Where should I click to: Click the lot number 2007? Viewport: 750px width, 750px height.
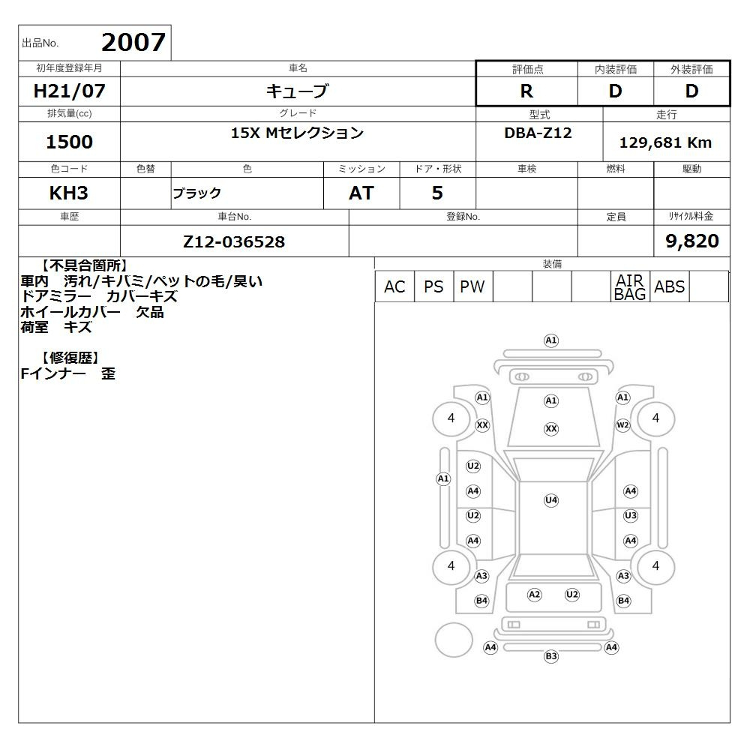pos(133,42)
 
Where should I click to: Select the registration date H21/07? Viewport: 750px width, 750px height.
pos(69,91)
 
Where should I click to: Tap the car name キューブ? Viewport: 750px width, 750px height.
pos(298,91)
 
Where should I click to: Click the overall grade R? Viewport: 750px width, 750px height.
pos(526,91)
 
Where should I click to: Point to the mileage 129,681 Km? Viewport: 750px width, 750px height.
pos(665,142)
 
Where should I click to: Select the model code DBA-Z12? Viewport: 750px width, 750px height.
pos(538,133)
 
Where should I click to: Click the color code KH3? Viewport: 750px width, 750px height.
pos(69,193)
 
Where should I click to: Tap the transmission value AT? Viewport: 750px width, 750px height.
pos(361,193)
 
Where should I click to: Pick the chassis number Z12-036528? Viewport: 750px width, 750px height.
pos(234,241)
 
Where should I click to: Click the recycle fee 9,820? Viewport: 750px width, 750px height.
pos(692,241)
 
